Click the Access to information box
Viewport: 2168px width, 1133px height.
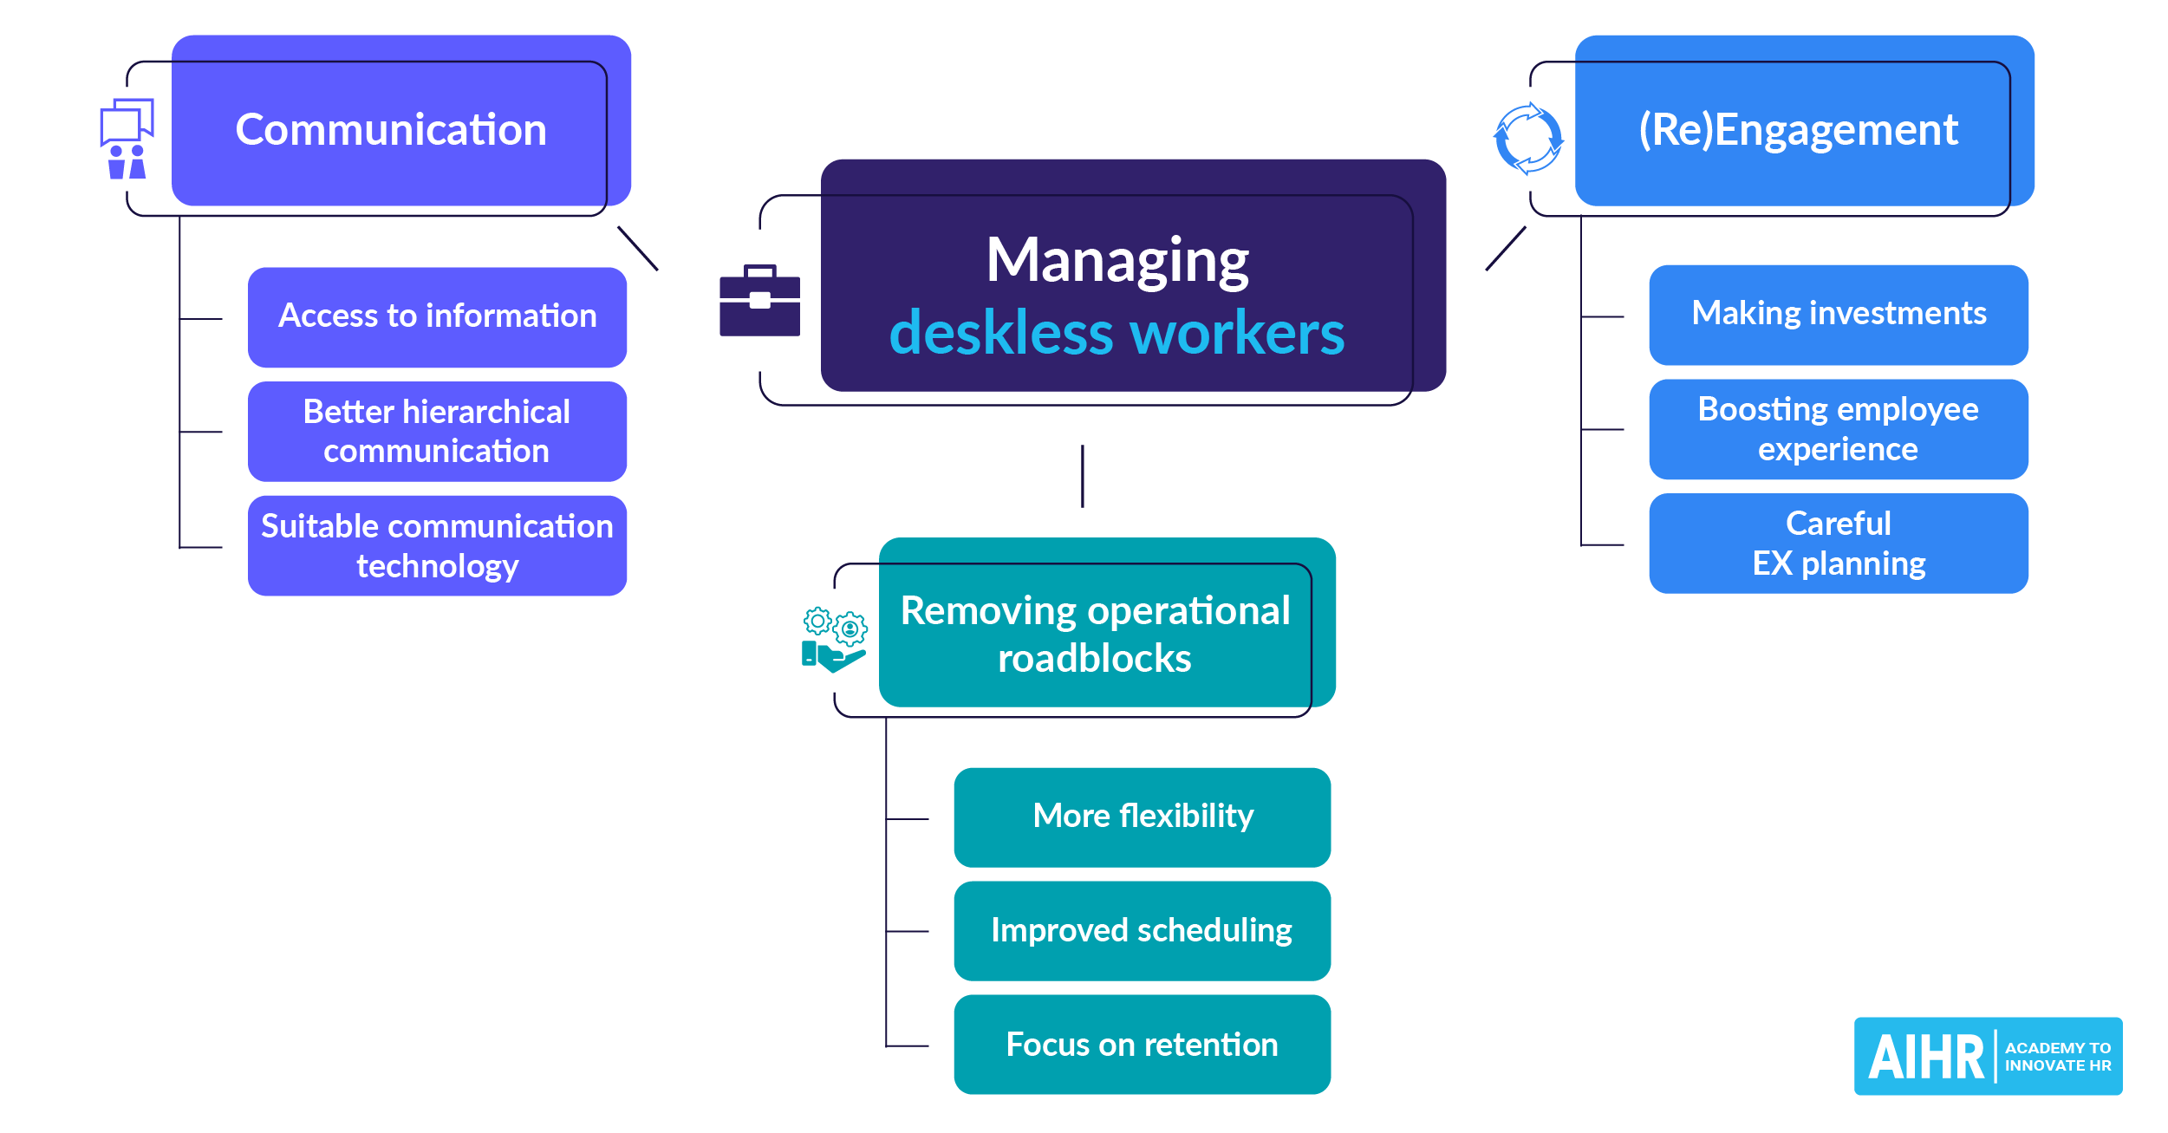(x=437, y=316)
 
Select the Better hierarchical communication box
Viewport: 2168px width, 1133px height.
(x=437, y=431)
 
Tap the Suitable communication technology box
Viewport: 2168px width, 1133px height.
(x=437, y=545)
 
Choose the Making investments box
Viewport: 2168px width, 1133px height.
(x=1838, y=314)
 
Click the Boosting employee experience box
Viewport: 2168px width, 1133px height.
(x=1838, y=429)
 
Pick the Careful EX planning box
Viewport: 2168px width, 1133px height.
(x=1838, y=544)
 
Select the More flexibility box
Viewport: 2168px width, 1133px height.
(x=1142, y=817)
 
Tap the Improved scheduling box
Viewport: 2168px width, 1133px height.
(x=1142, y=930)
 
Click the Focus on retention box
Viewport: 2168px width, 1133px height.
(x=1142, y=1045)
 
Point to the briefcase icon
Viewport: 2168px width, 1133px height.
(x=759, y=301)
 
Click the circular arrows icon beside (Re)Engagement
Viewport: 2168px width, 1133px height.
(x=1528, y=139)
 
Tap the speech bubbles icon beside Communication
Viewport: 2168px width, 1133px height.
(x=127, y=139)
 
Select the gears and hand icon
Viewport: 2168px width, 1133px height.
(x=833, y=640)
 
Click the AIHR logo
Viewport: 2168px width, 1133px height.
(x=1987, y=1056)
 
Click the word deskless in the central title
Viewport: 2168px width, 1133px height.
(x=1002, y=334)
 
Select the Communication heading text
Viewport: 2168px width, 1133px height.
(x=391, y=130)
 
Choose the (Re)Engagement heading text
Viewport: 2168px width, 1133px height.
(x=1798, y=130)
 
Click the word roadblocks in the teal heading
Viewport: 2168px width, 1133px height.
(x=1094, y=659)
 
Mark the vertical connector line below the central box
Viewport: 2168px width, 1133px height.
(x=1082, y=476)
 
